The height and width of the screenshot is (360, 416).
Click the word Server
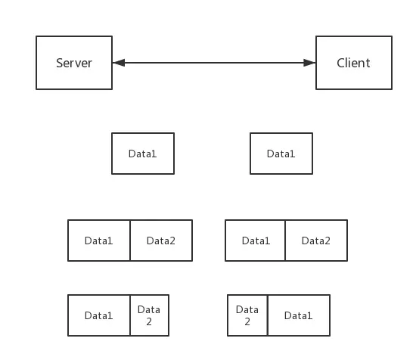pos(74,63)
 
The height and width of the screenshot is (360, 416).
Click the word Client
pos(353,63)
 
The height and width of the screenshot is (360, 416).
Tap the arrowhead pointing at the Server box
pos(119,63)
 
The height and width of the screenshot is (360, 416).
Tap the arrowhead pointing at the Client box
pos(309,63)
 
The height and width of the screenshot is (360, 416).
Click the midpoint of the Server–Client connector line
pos(214,63)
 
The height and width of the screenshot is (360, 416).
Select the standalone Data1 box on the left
pos(143,154)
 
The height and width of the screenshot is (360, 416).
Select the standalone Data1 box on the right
pos(281,154)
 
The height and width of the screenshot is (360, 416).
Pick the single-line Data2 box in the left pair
pos(161,241)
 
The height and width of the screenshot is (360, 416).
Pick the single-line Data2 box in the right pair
pos(316,241)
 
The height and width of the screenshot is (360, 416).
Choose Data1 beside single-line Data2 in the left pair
pos(99,241)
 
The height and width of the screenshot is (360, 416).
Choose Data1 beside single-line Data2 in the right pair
pos(255,241)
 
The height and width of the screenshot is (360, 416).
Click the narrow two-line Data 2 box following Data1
pos(150,315)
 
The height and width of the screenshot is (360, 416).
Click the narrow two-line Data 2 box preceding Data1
pos(247,315)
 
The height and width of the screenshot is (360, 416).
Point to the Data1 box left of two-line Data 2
pos(99,315)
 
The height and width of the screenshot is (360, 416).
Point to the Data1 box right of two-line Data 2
pos(299,315)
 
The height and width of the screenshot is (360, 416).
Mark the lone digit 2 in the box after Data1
pos(149,321)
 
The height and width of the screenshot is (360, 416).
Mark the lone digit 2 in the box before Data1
pos(247,321)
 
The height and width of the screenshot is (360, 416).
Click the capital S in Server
pos(60,63)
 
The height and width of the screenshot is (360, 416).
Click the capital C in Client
pos(340,63)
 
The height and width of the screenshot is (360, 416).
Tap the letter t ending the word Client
pos(368,64)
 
